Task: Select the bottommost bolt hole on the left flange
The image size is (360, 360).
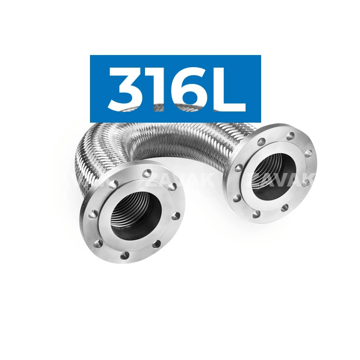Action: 125,255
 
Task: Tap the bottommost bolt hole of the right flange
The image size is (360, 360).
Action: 256,214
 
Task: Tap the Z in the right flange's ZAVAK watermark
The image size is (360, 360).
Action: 257,179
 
